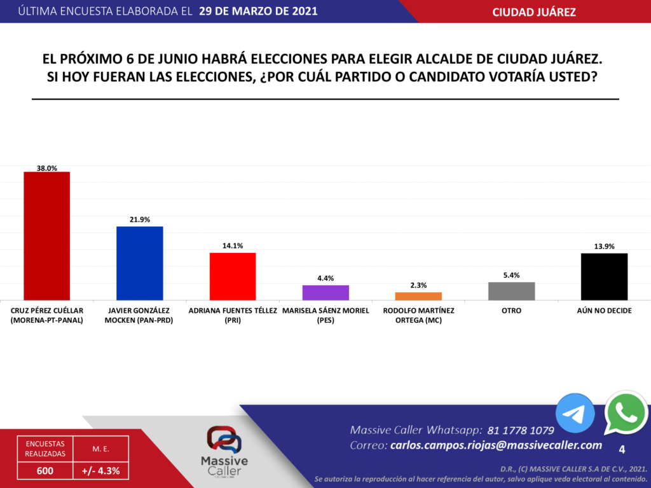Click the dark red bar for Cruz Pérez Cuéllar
(46, 236)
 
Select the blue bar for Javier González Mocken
(139, 263)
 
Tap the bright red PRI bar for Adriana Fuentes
(233, 276)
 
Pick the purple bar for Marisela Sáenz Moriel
(325, 292)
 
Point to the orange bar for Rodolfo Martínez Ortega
(418, 296)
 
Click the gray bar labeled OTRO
(511, 291)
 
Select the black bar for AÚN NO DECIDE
(605, 276)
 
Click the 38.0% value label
(46, 168)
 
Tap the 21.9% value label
(139, 220)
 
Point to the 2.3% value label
(418, 285)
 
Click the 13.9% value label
(605, 247)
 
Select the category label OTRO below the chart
(511, 311)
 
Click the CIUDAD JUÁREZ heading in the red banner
(534, 12)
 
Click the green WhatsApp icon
(626, 412)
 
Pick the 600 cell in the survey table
(45, 471)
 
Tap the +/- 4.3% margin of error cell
(101, 471)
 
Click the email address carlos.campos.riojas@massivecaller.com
(496, 445)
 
